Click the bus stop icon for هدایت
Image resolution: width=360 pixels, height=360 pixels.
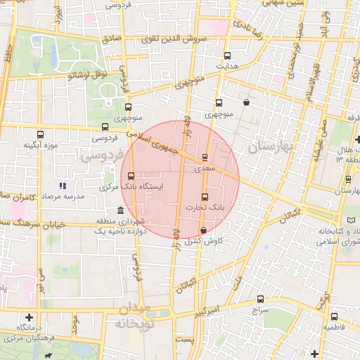[x=226, y=55]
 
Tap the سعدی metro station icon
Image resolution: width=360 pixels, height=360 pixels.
[x=205, y=157]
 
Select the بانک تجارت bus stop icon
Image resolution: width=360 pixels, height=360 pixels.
[x=205, y=197]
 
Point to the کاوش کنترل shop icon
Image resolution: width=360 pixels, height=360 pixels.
[x=203, y=230]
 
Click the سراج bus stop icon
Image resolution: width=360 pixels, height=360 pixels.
[x=261, y=299]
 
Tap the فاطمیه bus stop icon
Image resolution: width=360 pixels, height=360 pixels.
[x=335, y=316]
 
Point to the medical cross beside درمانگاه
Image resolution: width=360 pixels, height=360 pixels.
[x=29, y=317]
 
